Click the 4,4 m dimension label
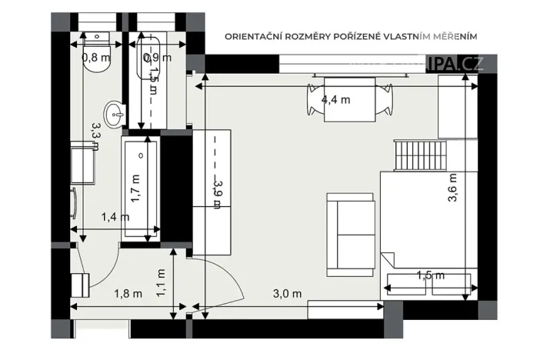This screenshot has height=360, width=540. (x=335, y=99)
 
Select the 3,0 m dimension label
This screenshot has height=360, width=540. (x=286, y=292)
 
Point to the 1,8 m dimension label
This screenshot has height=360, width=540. (x=128, y=292)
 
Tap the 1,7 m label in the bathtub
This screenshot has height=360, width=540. (x=135, y=187)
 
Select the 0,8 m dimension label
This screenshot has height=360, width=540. (x=95, y=55)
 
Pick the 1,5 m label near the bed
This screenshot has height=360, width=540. (x=429, y=275)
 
